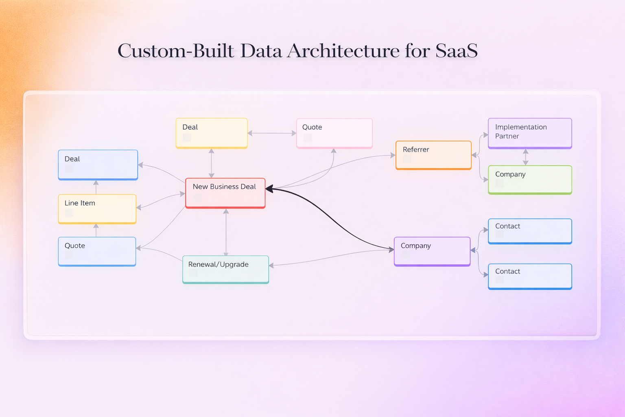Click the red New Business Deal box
tap(225, 193)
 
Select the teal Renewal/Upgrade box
tap(225, 269)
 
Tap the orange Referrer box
tap(433, 155)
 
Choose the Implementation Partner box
tap(530, 133)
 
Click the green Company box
tap(530, 180)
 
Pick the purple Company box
tap(432, 251)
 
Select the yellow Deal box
tap(212, 133)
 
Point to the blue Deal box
tap(98, 165)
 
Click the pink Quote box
tap(334, 133)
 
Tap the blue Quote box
tap(97, 251)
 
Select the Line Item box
tap(97, 209)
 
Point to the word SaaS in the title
tap(456, 51)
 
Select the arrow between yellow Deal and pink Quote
tap(272, 133)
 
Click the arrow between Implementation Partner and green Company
tap(526, 157)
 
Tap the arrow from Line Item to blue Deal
tap(96, 187)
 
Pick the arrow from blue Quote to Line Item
tap(96, 230)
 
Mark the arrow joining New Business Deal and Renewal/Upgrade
tap(226, 232)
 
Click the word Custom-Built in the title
tap(176, 51)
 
